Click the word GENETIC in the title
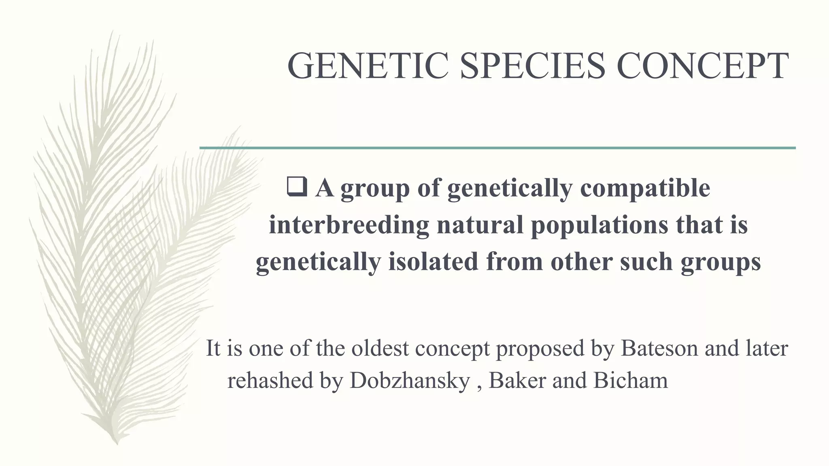click(x=368, y=66)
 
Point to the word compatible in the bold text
click(x=645, y=188)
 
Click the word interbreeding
click(x=349, y=225)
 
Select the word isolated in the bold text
click(x=434, y=262)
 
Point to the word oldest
click(x=380, y=348)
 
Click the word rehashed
click(x=270, y=381)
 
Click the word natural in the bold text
click(x=480, y=225)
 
